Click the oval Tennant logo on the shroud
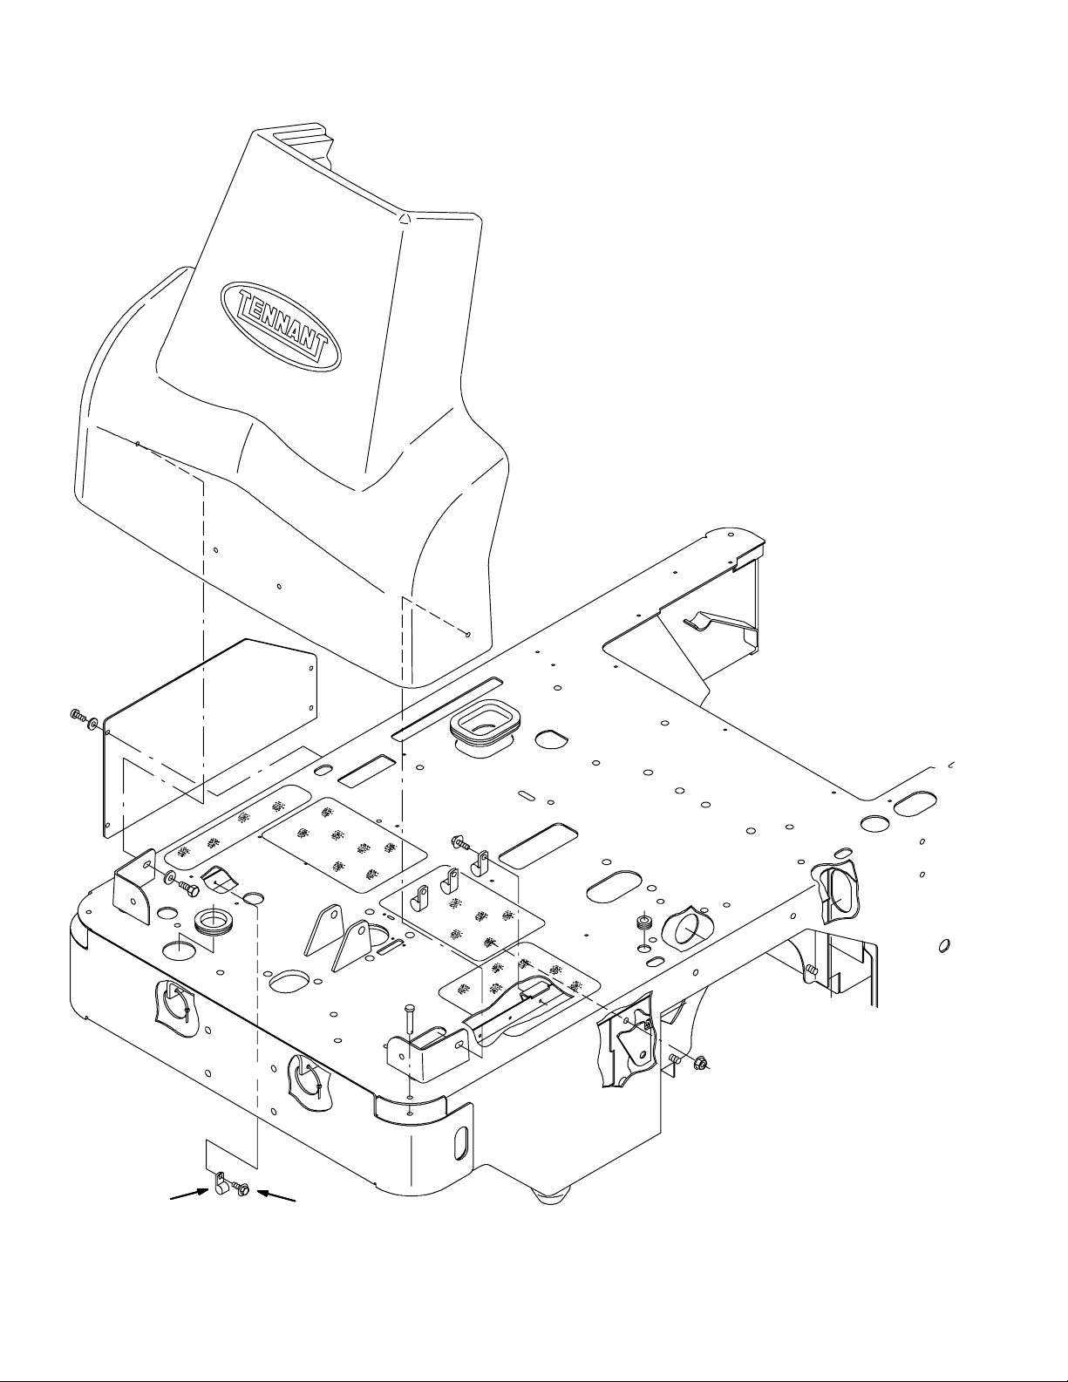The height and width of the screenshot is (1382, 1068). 281,325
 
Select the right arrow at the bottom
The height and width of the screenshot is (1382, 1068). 276,1195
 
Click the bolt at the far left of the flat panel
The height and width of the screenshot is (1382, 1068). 78,717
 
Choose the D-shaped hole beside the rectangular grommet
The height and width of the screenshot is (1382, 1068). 550,739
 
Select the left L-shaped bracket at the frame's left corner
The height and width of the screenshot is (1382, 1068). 134,888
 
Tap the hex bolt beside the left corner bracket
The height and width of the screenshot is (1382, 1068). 187,887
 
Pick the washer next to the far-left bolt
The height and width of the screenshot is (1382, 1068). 94,724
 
